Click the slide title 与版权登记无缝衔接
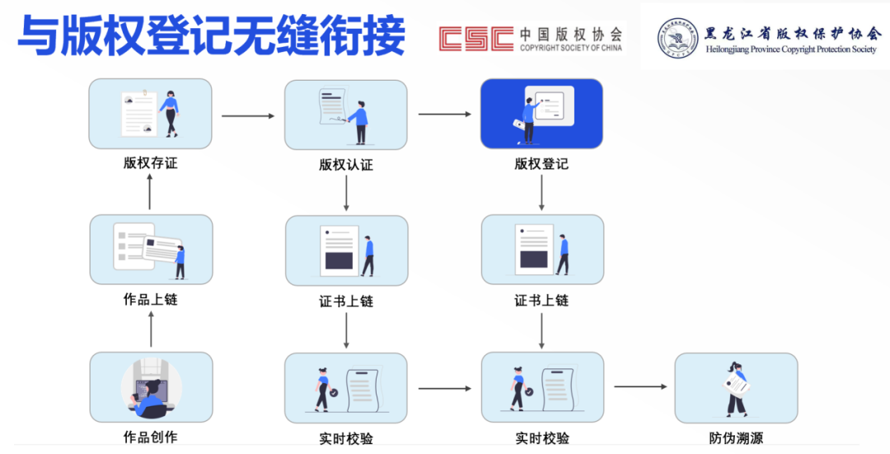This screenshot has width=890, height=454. point(212,37)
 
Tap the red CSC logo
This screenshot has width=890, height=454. point(474,39)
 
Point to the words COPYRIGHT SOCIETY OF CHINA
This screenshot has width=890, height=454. point(570,49)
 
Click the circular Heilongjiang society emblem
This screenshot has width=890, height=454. point(677,39)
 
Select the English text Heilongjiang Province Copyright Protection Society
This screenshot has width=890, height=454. point(791,49)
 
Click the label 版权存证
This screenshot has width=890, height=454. point(150,163)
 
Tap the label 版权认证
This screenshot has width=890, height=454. point(346,165)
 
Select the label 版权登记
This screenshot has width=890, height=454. point(541,164)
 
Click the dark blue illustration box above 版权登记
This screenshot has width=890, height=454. point(541,114)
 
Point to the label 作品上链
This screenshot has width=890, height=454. point(150,300)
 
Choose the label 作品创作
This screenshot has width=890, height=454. point(150,437)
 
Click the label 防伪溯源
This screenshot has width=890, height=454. point(736,438)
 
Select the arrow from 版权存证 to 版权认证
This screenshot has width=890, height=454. point(247,116)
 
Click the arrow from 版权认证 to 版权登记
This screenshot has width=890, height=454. point(443,114)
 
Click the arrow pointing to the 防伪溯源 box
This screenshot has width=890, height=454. point(639,386)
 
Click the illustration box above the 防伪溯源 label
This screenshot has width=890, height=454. point(736,388)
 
